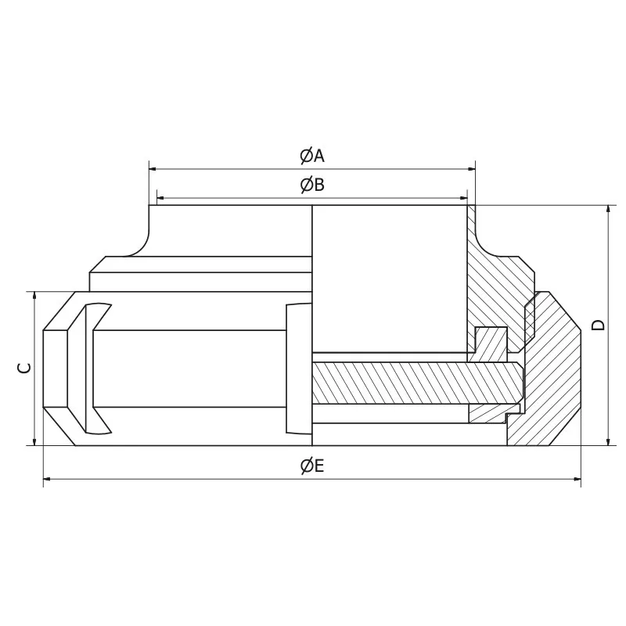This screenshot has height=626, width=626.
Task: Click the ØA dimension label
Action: coord(311,156)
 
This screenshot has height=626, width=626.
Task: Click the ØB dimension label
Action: coord(311,185)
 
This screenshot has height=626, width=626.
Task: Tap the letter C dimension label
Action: coord(25,368)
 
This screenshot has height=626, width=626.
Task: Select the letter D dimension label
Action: coord(599,325)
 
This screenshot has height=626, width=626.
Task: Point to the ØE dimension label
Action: coord(311,466)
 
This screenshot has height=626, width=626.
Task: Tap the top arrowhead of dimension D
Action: coord(608,210)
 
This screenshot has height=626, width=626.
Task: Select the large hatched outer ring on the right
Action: coord(552,376)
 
